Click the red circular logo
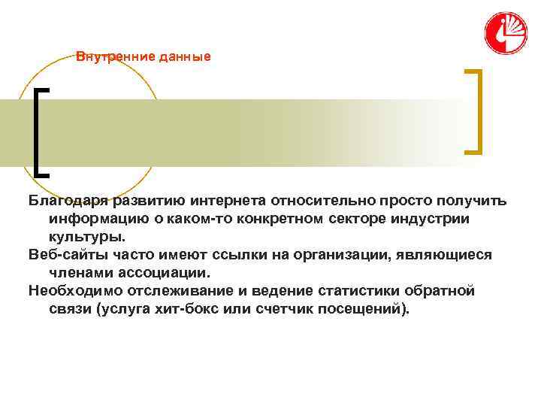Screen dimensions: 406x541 pyautogui.click(x=506, y=34)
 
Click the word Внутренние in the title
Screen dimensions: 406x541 pyautogui.click(x=107, y=56)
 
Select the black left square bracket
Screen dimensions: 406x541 pyautogui.click(x=41, y=131)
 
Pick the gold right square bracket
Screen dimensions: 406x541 pyautogui.click(x=474, y=111)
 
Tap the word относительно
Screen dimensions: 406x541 pyautogui.click(x=323, y=201)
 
